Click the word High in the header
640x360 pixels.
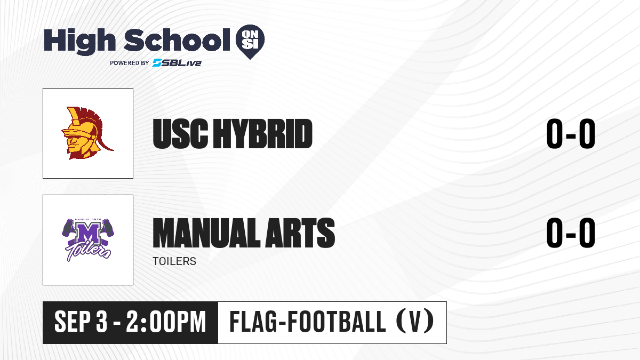(x=79, y=41)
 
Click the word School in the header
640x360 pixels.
(x=177, y=40)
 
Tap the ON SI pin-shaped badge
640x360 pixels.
(x=250, y=42)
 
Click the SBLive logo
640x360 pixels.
(x=177, y=62)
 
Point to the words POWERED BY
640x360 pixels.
(x=130, y=63)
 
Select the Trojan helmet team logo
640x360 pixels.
(x=87, y=133)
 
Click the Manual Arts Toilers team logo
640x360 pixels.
(x=87, y=240)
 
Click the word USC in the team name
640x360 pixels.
(x=180, y=134)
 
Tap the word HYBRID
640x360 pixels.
(x=263, y=134)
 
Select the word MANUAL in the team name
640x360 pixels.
(x=206, y=233)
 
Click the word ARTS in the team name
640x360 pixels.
(x=300, y=233)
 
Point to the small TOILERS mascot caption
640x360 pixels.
(x=174, y=261)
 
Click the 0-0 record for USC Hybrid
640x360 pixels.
(x=571, y=134)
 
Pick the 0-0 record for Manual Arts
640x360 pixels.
(x=571, y=233)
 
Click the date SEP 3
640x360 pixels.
(x=81, y=322)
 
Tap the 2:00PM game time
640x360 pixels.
(x=166, y=322)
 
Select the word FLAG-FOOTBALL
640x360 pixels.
(x=308, y=322)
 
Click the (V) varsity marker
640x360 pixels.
(x=415, y=321)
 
